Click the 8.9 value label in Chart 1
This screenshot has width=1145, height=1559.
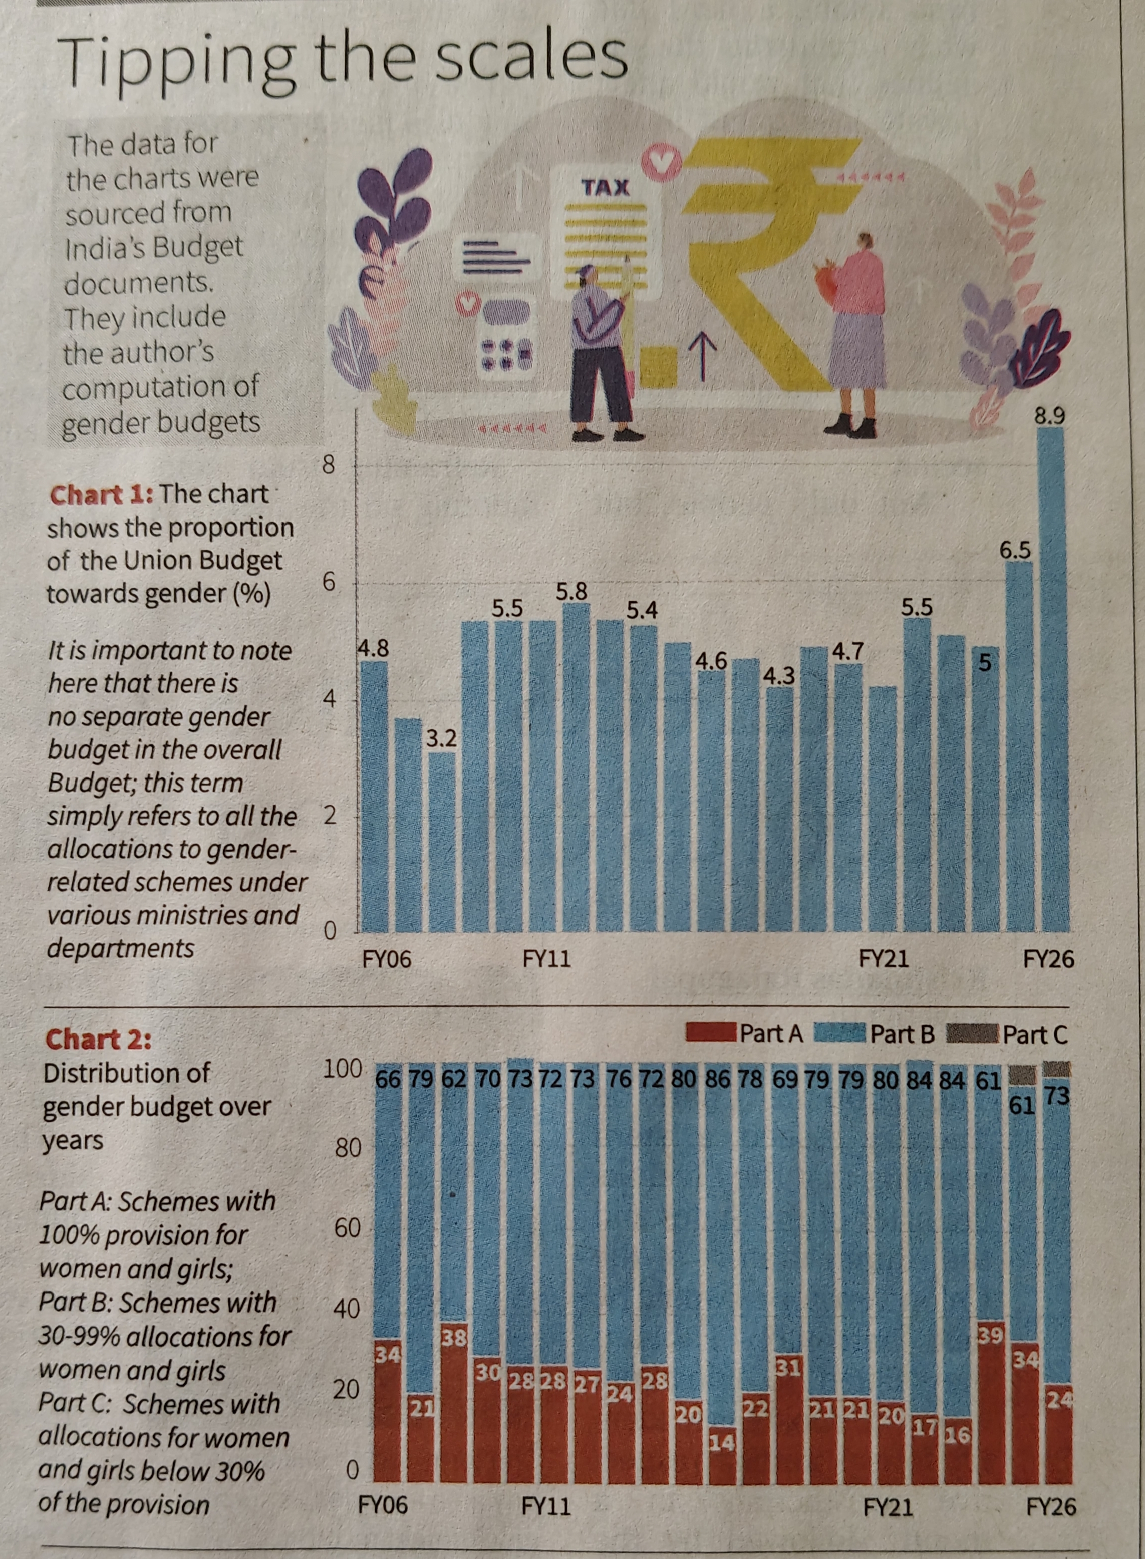(x=1049, y=416)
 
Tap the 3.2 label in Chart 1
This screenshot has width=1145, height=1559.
(x=441, y=739)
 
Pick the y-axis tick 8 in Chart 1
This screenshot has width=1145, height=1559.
(x=329, y=465)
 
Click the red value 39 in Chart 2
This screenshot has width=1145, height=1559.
(x=989, y=1335)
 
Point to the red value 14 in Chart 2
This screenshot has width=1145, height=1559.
(x=722, y=1443)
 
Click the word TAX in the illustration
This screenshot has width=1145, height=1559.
(x=605, y=187)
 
